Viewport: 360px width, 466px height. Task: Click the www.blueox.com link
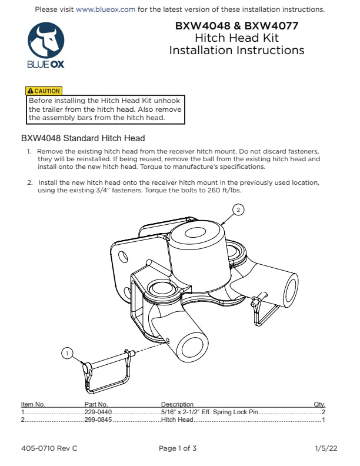coord(106,9)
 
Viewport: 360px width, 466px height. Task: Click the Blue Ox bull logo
coord(46,42)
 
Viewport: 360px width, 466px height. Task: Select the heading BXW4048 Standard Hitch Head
coord(83,139)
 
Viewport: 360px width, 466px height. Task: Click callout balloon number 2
coord(238,210)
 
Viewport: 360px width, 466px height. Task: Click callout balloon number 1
coord(68,353)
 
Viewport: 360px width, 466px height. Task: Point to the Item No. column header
coord(33,405)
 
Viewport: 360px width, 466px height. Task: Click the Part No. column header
coord(96,405)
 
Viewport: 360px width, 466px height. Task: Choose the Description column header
coord(177,405)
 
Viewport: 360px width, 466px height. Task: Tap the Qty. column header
coord(320,405)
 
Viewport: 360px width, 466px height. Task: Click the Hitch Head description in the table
coord(177,420)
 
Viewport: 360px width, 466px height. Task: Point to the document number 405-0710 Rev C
coord(49,448)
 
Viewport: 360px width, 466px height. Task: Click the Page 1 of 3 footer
coord(178,448)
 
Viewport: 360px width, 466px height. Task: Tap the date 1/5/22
coord(326,448)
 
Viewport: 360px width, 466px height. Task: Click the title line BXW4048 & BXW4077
coord(236,26)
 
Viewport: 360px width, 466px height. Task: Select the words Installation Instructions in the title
coord(236,50)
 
